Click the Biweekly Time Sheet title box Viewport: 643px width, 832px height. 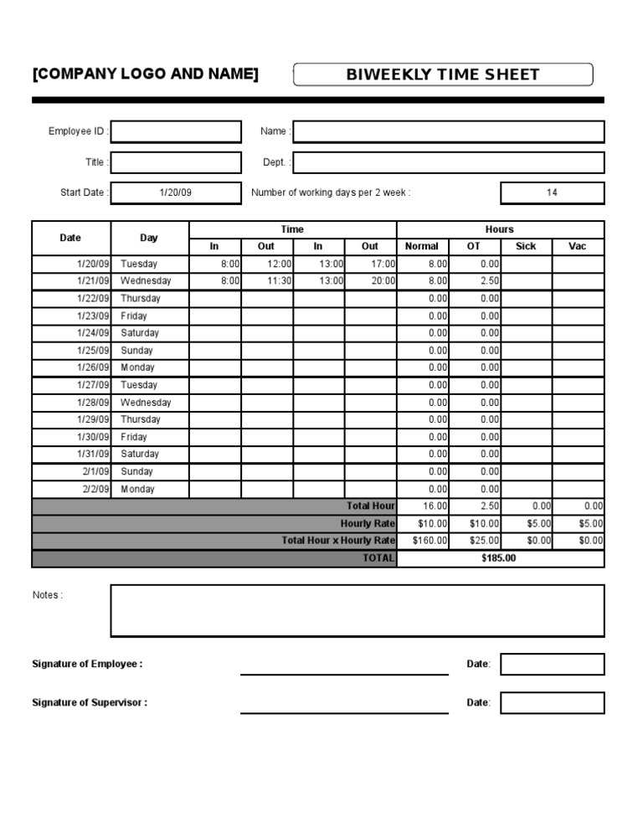(x=443, y=74)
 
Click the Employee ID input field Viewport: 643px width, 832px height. (x=175, y=131)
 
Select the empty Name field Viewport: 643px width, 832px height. (x=448, y=131)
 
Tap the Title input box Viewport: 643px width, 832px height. (x=175, y=162)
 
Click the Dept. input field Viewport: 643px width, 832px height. (x=448, y=162)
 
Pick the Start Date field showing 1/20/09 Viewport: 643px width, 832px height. (x=175, y=193)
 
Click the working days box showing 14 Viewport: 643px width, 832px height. (x=552, y=193)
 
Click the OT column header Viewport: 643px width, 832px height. (x=474, y=246)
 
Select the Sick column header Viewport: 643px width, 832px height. (x=526, y=246)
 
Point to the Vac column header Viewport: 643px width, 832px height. (x=578, y=246)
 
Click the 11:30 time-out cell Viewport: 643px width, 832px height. (x=268, y=281)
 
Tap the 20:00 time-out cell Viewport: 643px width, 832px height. (x=370, y=281)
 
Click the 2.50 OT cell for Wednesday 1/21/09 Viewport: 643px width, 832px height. (x=475, y=281)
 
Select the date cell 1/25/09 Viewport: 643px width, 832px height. (x=71, y=351)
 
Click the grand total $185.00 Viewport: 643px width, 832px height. (x=499, y=558)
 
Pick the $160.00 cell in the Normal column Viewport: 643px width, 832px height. (x=423, y=541)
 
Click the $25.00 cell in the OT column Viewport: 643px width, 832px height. (x=475, y=541)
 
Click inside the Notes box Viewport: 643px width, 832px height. (x=357, y=611)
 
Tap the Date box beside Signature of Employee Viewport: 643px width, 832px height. (x=552, y=665)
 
